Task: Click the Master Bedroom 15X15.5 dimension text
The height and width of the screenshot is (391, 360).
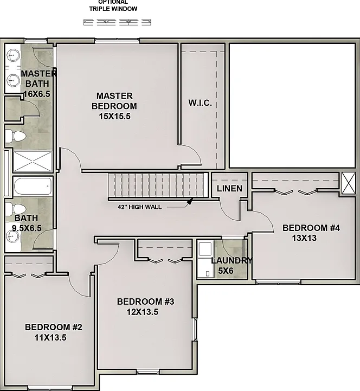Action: [115, 117]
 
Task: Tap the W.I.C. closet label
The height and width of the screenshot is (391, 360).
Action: [200, 102]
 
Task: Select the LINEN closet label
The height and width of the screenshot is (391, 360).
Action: [229, 189]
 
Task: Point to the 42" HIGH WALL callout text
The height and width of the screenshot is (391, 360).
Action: [140, 207]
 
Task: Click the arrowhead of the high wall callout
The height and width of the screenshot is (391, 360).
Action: [190, 201]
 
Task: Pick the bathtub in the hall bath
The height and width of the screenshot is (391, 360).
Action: [33, 186]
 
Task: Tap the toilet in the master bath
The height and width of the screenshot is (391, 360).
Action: [16, 136]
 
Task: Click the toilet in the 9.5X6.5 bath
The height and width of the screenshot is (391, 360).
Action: [16, 209]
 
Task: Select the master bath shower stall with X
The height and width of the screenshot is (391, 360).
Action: [33, 162]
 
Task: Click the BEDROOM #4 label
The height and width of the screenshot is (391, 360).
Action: [311, 228]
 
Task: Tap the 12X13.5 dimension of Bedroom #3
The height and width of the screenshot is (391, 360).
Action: [143, 312]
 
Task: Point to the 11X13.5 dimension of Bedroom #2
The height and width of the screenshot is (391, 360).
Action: [50, 338]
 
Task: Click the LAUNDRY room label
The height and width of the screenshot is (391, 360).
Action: [232, 261]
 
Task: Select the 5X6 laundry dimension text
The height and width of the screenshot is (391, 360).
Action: [226, 271]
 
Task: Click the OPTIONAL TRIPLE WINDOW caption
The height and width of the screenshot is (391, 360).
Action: [113, 5]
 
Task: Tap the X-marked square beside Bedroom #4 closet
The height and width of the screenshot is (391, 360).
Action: [349, 183]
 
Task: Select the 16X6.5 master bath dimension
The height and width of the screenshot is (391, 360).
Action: [37, 94]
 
